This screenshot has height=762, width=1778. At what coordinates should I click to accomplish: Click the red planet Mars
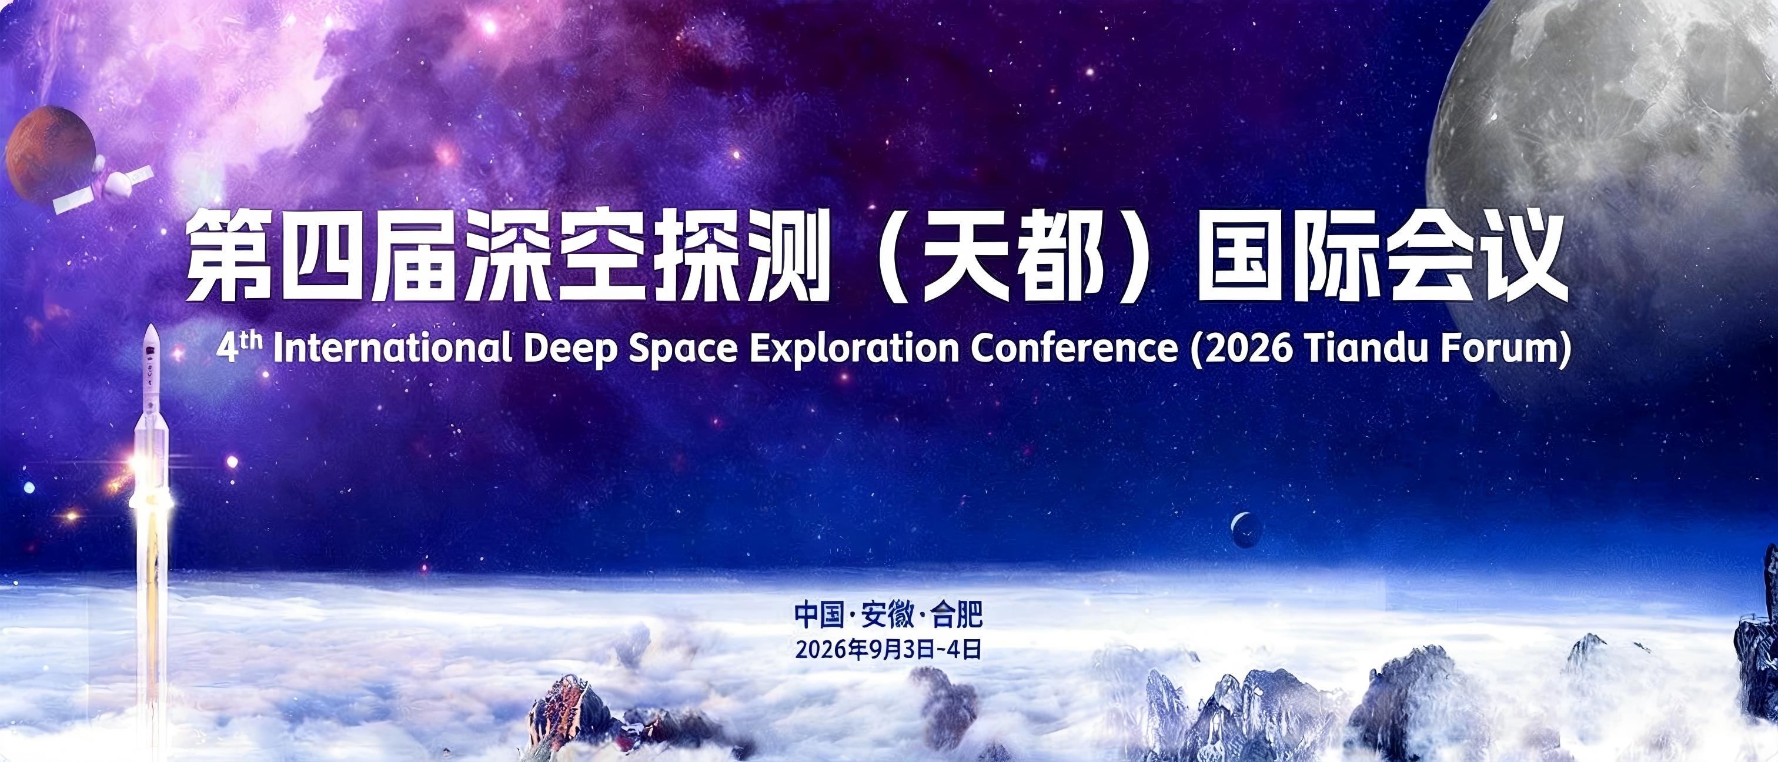(x=50, y=155)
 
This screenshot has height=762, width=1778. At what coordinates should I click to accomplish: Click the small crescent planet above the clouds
(x=1246, y=531)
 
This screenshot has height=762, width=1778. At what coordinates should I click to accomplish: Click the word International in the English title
(x=393, y=350)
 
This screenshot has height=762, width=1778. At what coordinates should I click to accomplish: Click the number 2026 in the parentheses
(x=1246, y=350)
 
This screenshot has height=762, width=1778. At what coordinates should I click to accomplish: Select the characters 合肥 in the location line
(x=955, y=614)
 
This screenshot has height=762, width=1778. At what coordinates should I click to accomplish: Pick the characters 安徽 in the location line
(x=885, y=614)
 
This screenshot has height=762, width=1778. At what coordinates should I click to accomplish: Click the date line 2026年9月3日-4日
(x=888, y=651)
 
